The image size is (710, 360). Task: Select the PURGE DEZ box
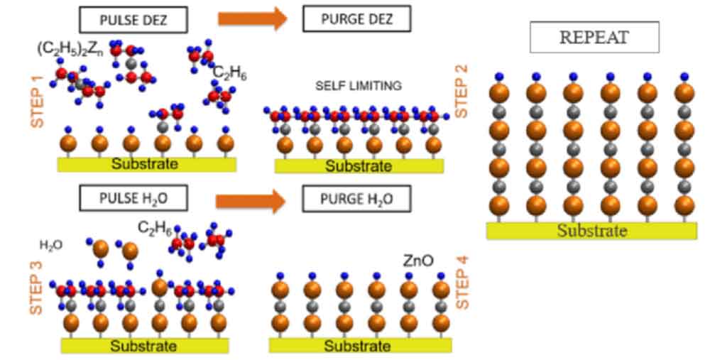(356, 19)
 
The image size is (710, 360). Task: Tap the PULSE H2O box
(133, 198)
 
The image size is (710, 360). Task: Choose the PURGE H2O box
(356, 200)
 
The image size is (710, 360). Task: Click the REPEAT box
(594, 38)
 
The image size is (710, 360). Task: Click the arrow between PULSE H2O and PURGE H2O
(250, 200)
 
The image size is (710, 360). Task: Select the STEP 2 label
(461, 91)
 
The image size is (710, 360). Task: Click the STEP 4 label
(461, 283)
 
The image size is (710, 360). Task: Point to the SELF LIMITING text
(359, 86)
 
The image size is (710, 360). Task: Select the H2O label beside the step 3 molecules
(51, 245)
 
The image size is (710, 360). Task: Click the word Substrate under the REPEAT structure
(591, 231)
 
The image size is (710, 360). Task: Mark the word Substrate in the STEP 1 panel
(145, 164)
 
